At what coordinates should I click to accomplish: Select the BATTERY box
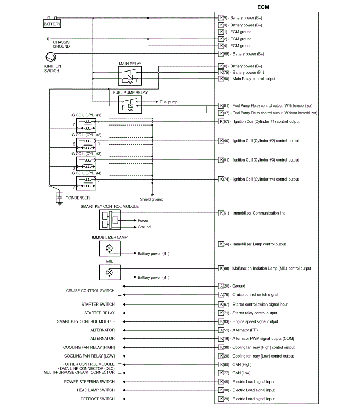(x=52, y=24)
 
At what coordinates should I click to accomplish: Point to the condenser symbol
(x=60, y=198)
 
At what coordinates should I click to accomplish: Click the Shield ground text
(x=152, y=200)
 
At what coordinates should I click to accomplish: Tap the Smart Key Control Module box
(x=109, y=220)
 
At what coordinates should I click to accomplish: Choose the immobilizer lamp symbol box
(x=109, y=248)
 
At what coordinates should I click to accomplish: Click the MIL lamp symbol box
(x=109, y=272)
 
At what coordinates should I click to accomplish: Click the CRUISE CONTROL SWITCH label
(x=90, y=291)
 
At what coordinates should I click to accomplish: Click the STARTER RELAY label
(x=99, y=312)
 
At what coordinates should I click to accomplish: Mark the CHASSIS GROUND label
(x=62, y=44)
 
